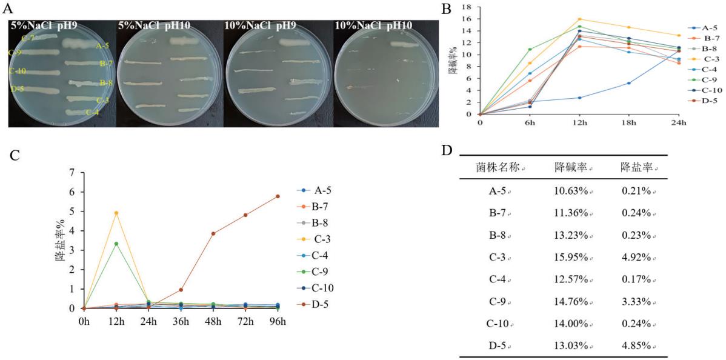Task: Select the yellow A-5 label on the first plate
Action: (x=102, y=46)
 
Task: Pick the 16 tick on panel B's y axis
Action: (x=467, y=19)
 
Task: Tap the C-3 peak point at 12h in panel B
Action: (x=579, y=19)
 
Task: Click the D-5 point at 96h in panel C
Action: (x=278, y=196)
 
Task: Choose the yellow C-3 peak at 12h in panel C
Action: (x=116, y=213)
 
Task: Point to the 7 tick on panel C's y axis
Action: (x=72, y=173)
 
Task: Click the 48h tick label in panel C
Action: (x=213, y=321)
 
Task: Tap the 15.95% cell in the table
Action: (x=571, y=257)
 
